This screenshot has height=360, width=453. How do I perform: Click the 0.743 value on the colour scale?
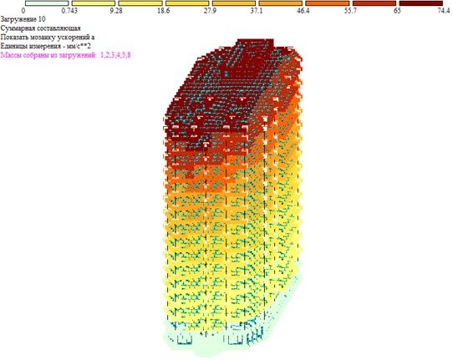[69, 11]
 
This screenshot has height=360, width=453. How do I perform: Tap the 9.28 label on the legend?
[116, 11]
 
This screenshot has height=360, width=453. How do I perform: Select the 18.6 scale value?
[164, 11]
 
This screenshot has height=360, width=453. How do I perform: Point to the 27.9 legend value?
[210, 11]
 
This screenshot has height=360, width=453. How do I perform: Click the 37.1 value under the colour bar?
[257, 11]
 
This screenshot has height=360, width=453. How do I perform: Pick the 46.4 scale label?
[303, 11]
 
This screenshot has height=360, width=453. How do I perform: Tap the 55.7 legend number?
[350, 11]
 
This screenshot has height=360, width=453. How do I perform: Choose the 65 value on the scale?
[397, 11]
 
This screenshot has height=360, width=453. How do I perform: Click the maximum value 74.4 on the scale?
[444, 11]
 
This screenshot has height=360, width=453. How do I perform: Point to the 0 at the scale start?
[23, 11]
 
